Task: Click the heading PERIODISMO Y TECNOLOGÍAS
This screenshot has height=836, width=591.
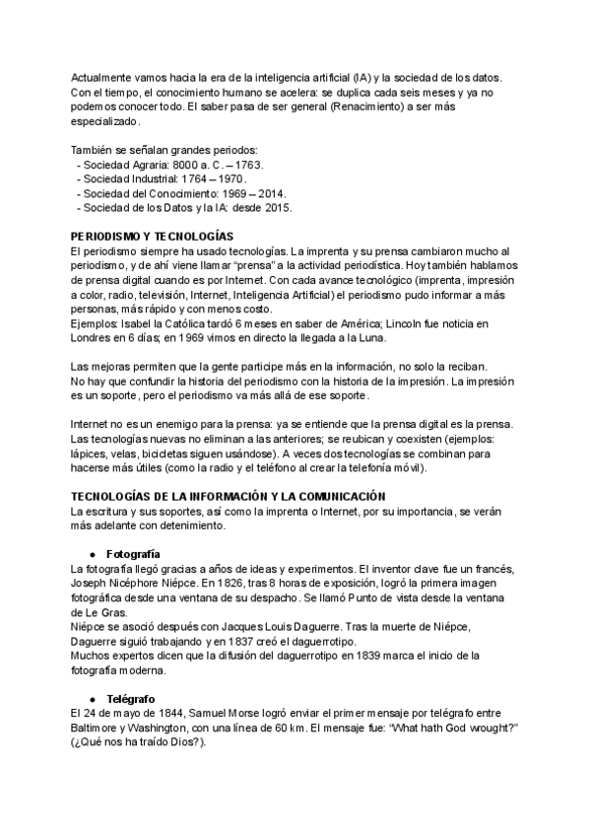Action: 152,237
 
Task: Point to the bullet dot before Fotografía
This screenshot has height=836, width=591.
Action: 92,553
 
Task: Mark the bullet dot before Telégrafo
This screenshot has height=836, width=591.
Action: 92,697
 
